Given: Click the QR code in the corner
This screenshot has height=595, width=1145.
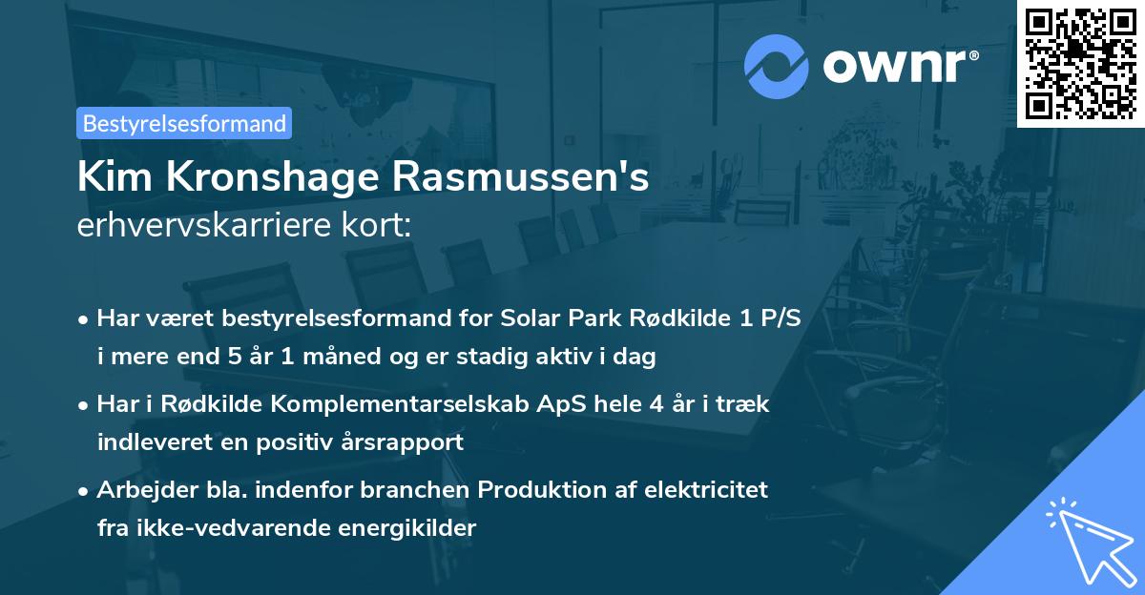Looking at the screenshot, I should click(1080, 63).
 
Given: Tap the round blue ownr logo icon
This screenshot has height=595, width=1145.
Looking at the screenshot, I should click(776, 67).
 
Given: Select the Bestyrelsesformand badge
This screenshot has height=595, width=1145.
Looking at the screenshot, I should click(184, 123).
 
